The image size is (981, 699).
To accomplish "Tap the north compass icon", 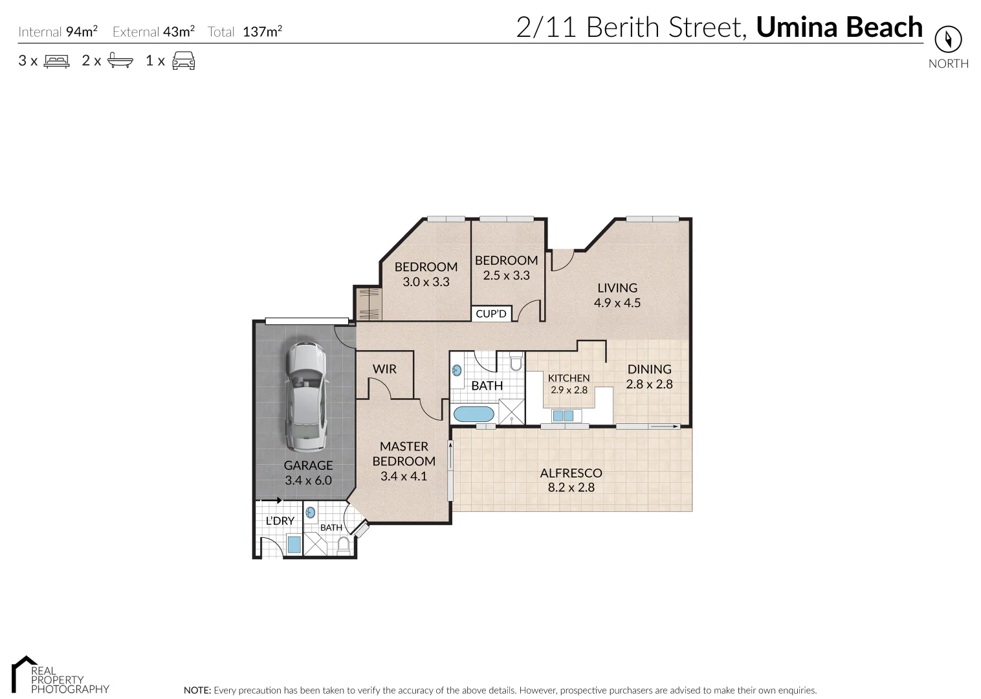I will coord(948,40).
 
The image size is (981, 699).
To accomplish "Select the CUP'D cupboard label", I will coord(491,314).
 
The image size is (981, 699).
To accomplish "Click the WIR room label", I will coord(384,369).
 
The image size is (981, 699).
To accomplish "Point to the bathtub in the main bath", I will coord(472,414).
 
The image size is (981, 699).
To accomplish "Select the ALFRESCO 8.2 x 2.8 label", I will coord(571,480).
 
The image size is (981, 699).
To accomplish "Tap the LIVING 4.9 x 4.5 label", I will coord(617,295).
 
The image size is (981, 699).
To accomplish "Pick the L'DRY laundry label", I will coord(280,520).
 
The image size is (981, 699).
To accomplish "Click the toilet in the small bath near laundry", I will coord(344,546).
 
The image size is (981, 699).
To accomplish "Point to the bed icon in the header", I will coord(56,61).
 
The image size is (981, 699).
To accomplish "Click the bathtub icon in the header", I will coord(120,61).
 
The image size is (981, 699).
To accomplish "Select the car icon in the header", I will coord(183,61).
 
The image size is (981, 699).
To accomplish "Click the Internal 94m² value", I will coord(82,31).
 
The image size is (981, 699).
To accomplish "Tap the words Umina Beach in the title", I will coord(839,27).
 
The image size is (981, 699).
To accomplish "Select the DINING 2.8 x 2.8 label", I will coord(649,376).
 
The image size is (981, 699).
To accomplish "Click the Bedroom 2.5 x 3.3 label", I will coord(506,267).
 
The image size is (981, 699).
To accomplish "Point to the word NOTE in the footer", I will coord(197,691).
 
